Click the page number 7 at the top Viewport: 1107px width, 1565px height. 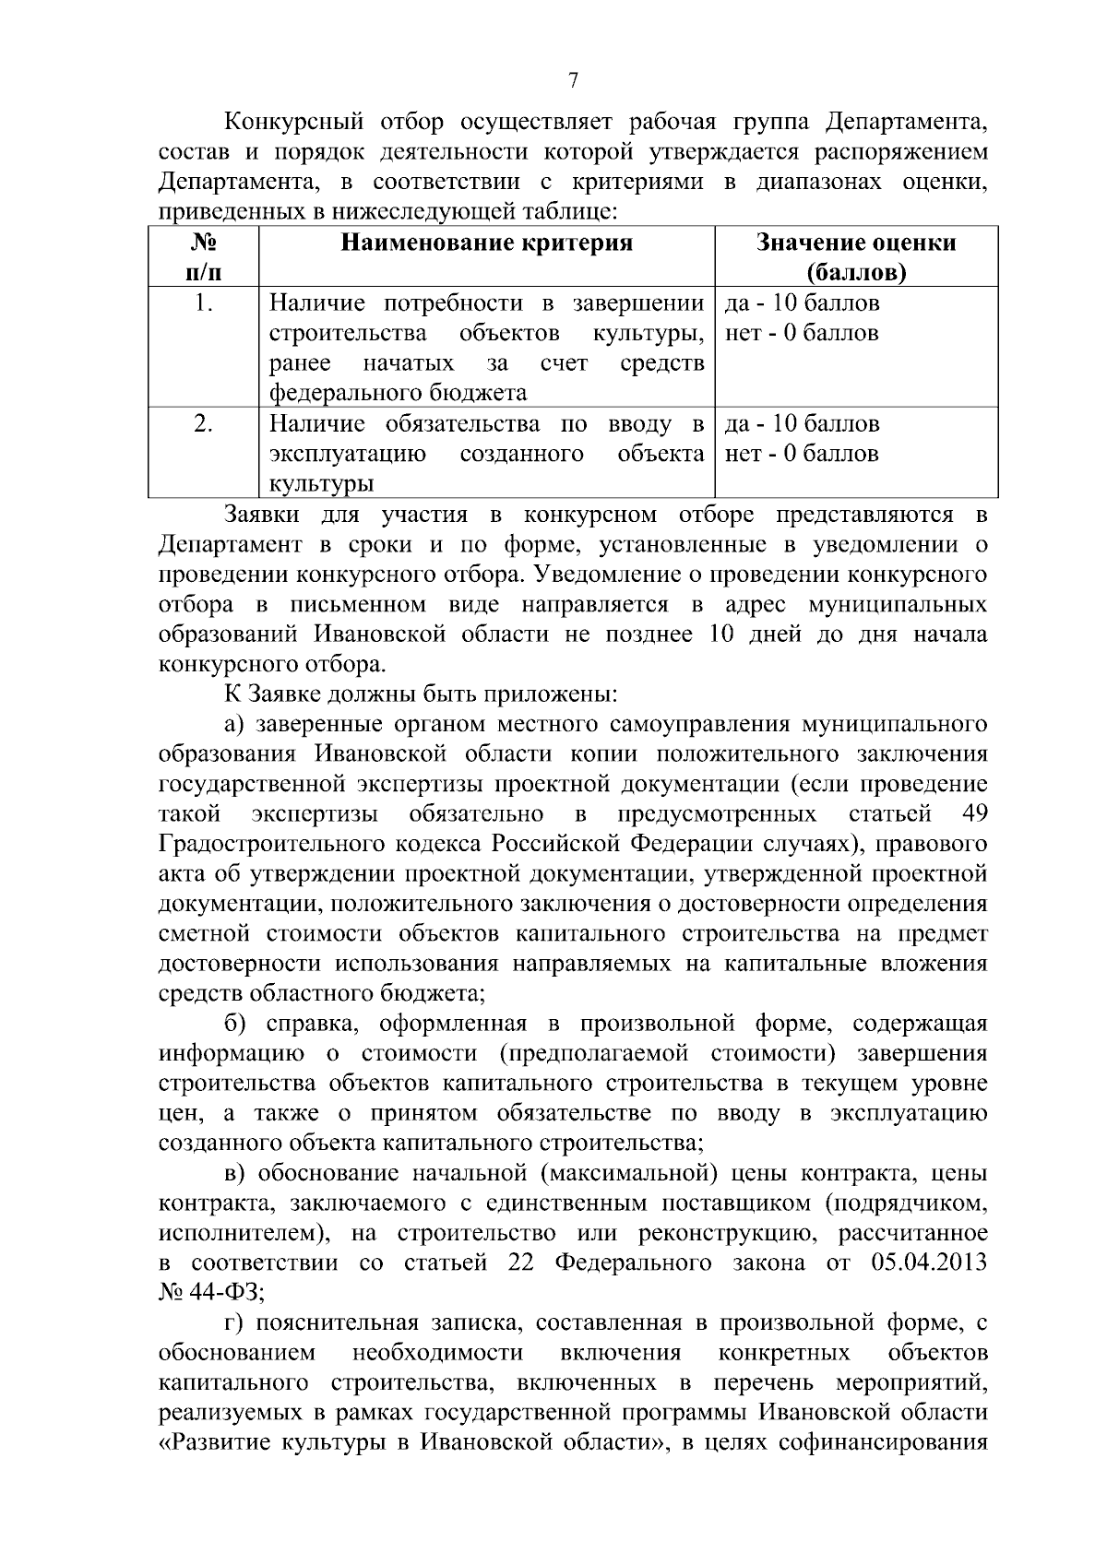coord(573,81)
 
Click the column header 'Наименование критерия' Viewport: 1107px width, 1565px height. coord(487,243)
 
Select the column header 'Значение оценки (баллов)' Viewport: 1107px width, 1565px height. coord(855,257)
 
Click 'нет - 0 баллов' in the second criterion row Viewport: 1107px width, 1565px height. coord(802,454)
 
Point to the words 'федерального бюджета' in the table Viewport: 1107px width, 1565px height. coord(398,393)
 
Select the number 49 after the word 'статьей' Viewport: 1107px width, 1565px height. coord(973,813)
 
